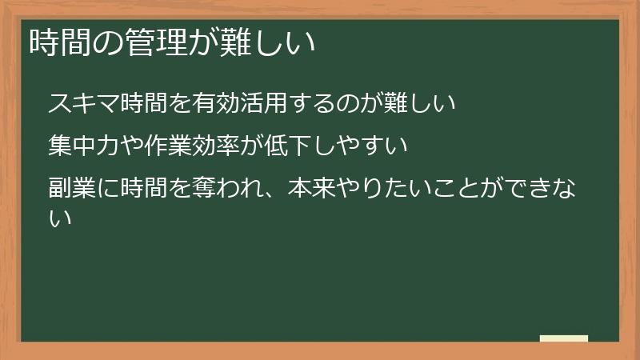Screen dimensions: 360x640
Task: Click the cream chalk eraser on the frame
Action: (x=564, y=339)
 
